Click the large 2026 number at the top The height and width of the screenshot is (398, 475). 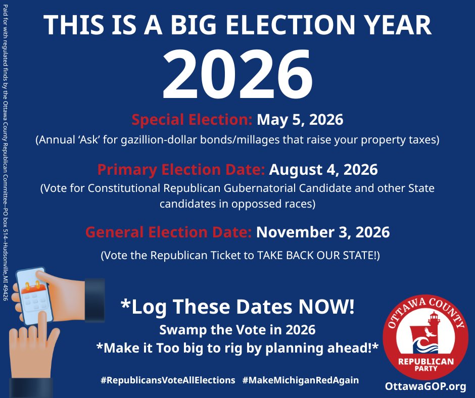[x=238, y=76]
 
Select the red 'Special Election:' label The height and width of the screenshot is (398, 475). [x=192, y=120]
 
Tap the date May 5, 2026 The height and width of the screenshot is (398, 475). [x=300, y=120]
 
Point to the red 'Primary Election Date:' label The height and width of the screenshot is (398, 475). [x=181, y=169]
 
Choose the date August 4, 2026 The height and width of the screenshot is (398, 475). [x=323, y=169]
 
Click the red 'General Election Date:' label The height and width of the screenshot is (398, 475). [x=168, y=232]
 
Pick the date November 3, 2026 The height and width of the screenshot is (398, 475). [x=323, y=232]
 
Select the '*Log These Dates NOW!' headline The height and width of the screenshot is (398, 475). [x=238, y=306]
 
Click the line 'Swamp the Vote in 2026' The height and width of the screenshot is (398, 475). [x=238, y=330]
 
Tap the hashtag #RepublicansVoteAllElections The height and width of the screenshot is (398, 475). [x=168, y=380]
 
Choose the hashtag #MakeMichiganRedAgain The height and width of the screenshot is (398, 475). [x=301, y=380]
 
